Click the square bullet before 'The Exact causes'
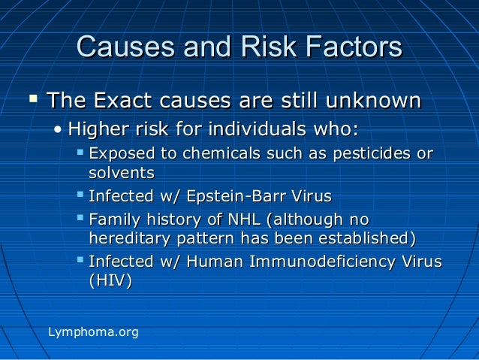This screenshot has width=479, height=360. (32, 98)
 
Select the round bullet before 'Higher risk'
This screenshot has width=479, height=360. (59, 129)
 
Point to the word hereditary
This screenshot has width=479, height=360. (129, 239)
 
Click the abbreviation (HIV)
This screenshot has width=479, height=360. (110, 282)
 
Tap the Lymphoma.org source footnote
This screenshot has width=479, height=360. (93, 331)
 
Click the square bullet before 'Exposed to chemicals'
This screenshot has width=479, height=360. (81, 153)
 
